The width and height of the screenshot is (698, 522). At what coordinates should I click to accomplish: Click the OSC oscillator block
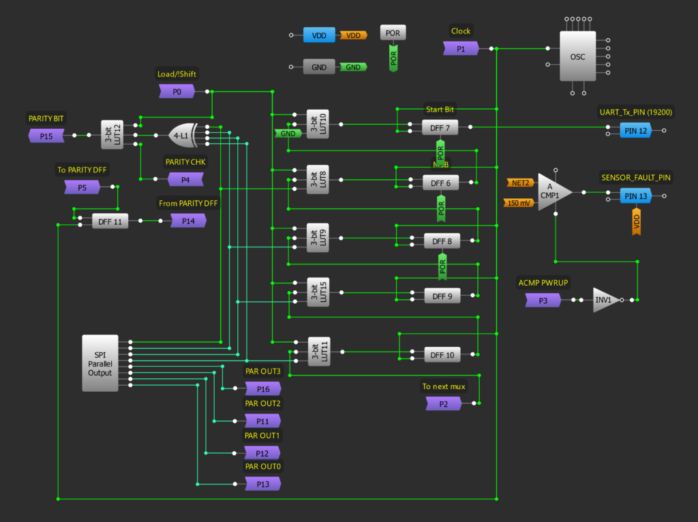click(x=577, y=57)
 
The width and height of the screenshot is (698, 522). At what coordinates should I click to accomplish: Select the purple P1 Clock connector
click(x=461, y=48)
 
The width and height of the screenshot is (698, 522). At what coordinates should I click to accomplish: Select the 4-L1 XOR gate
click(x=183, y=136)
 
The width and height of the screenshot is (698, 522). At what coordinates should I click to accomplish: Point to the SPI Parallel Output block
click(x=100, y=363)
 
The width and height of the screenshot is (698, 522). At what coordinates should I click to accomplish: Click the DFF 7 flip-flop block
click(x=440, y=127)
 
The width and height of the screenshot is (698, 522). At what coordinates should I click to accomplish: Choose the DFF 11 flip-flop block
click(x=110, y=221)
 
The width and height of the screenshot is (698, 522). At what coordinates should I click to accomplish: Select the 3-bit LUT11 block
click(x=318, y=352)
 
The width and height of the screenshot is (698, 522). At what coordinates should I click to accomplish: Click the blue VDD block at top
click(x=319, y=35)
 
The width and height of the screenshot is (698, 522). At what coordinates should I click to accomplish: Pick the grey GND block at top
click(x=319, y=67)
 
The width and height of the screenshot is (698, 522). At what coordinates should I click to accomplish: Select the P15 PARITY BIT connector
click(x=46, y=136)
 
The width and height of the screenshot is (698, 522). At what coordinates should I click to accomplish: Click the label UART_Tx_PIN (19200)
click(x=637, y=112)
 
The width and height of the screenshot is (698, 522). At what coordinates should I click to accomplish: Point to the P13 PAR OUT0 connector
click(x=262, y=484)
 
